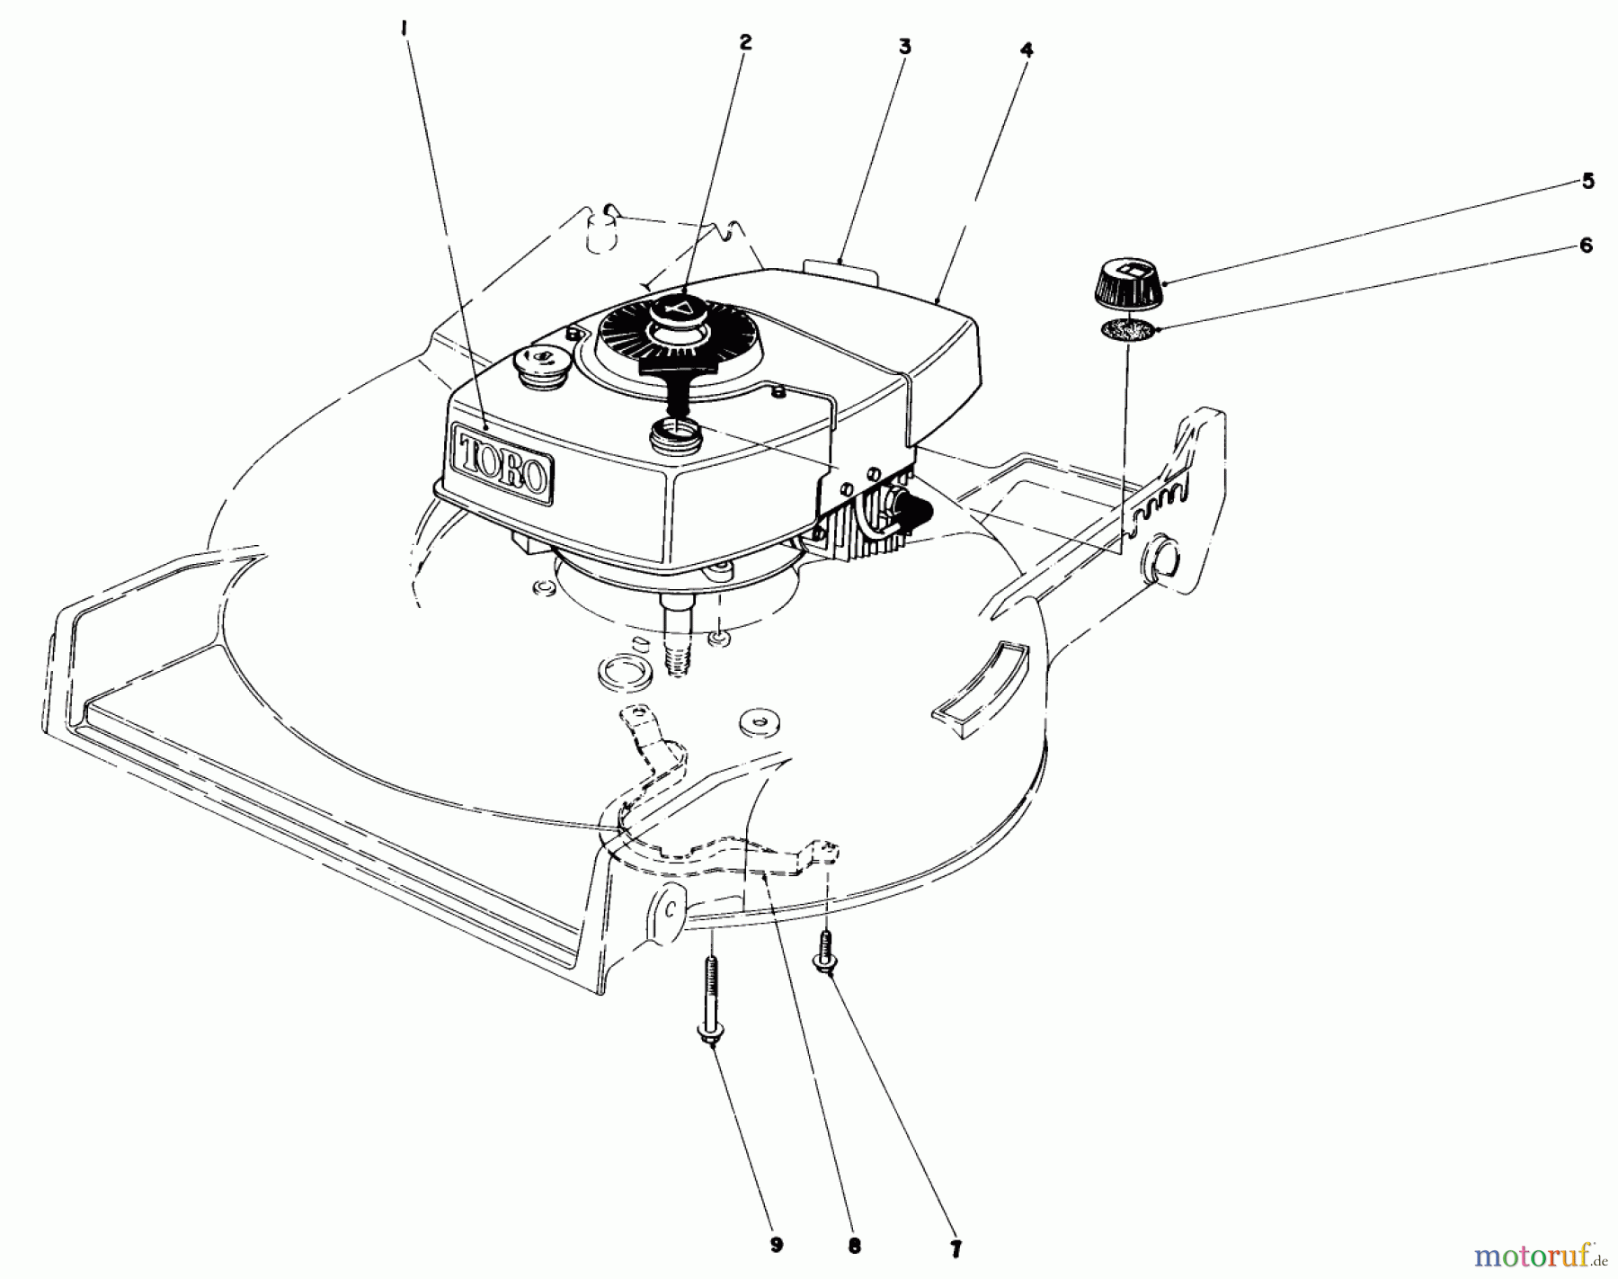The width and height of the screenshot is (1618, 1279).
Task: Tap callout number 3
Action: [x=904, y=47]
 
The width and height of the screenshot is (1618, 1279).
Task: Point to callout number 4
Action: [x=1027, y=50]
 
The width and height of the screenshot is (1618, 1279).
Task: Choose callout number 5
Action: [x=1587, y=181]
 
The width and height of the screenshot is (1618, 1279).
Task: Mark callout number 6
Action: [x=1586, y=245]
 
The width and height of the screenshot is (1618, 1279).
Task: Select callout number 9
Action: [x=776, y=1246]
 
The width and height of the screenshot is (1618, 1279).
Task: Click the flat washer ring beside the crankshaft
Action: [x=615, y=675]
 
